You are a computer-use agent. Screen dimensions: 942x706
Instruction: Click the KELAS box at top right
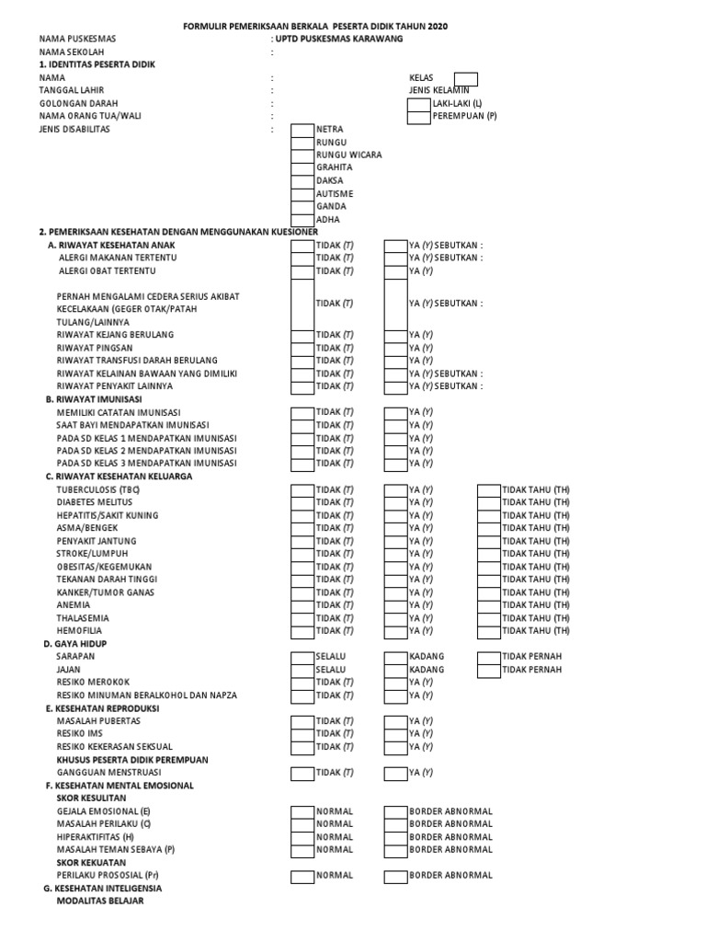(x=466, y=78)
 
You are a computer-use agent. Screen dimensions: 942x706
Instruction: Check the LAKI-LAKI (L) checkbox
(x=418, y=104)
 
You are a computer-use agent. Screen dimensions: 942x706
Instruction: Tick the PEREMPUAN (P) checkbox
(x=418, y=117)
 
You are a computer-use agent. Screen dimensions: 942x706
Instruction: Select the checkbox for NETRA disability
(x=302, y=130)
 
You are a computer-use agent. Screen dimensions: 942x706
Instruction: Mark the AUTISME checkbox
(x=302, y=194)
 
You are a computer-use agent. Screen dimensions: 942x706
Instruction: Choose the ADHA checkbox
(x=302, y=220)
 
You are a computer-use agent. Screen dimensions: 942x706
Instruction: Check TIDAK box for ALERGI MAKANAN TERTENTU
(x=302, y=258)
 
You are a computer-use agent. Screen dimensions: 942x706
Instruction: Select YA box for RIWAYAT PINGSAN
(x=395, y=349)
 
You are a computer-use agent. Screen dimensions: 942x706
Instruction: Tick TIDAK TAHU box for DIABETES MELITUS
(x=488, y=502)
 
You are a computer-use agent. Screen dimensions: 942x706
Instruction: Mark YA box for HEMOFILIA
(x=395, y=631)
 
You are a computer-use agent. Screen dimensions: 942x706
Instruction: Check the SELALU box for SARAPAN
(x=302, y=657)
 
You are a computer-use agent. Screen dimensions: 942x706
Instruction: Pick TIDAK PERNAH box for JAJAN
(x=488, y=670)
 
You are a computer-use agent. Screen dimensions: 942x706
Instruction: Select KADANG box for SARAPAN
(x=395, y=657)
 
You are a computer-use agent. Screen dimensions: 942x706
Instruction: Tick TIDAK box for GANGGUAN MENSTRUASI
(x=302, y=773)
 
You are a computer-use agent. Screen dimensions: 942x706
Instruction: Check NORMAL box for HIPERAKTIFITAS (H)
(x=302, y=837)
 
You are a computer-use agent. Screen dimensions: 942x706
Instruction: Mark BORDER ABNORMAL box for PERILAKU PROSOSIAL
(x=395, y=876)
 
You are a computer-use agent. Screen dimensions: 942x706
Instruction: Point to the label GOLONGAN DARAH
(x=78, y=104)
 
